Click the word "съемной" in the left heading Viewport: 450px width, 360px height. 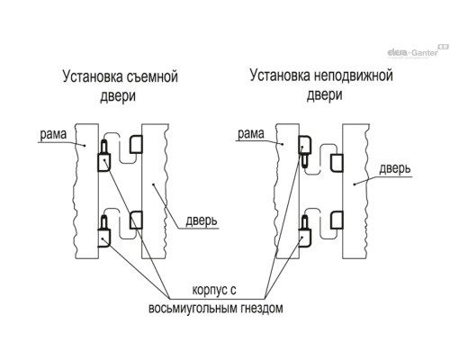tap(152, 76)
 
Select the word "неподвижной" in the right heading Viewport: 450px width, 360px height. tap(354, 76)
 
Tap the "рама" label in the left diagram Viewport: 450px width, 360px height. tap(53, 134)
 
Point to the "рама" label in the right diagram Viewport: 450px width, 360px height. tap(251, 133)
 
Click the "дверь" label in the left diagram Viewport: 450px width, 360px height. tap(202, 221)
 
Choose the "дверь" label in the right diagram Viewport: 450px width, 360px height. tap(395, 168)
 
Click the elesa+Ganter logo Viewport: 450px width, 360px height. tap(418, 51)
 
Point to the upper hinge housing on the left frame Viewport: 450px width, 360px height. tap(104, 162)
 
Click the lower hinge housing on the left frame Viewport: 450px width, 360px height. tap(104, 238)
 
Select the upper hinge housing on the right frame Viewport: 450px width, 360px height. tap(305, 145)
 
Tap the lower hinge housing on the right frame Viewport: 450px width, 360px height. tap(305, 238)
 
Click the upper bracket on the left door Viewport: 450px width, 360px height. tap(136, 144)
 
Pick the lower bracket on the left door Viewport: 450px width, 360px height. tap(136, 220)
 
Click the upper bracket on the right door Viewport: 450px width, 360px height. tap(337, 163)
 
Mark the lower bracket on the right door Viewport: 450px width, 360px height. tap(337, 220)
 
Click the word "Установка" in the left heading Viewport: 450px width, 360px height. tap(93, 76)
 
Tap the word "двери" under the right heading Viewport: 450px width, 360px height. tap(325, 95)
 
